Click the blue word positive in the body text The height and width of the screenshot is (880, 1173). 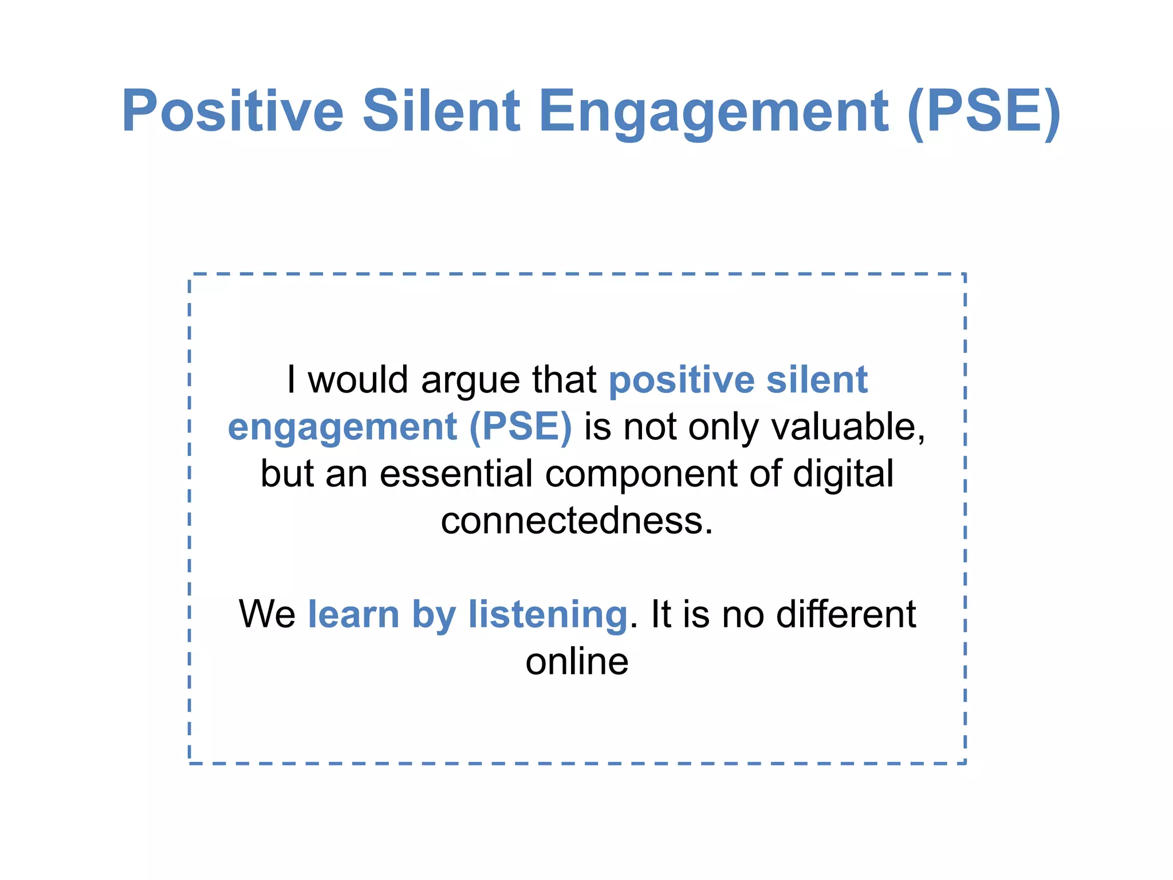(x=682, y=380)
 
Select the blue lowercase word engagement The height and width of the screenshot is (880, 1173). (x=342, y=428)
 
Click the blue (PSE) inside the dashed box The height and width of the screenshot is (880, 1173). (x=520, y=427)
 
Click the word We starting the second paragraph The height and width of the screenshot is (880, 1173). (x=267, y=614)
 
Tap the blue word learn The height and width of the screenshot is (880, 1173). (x=353, y=614)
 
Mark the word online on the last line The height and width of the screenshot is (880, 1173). (x=577, y=662)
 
